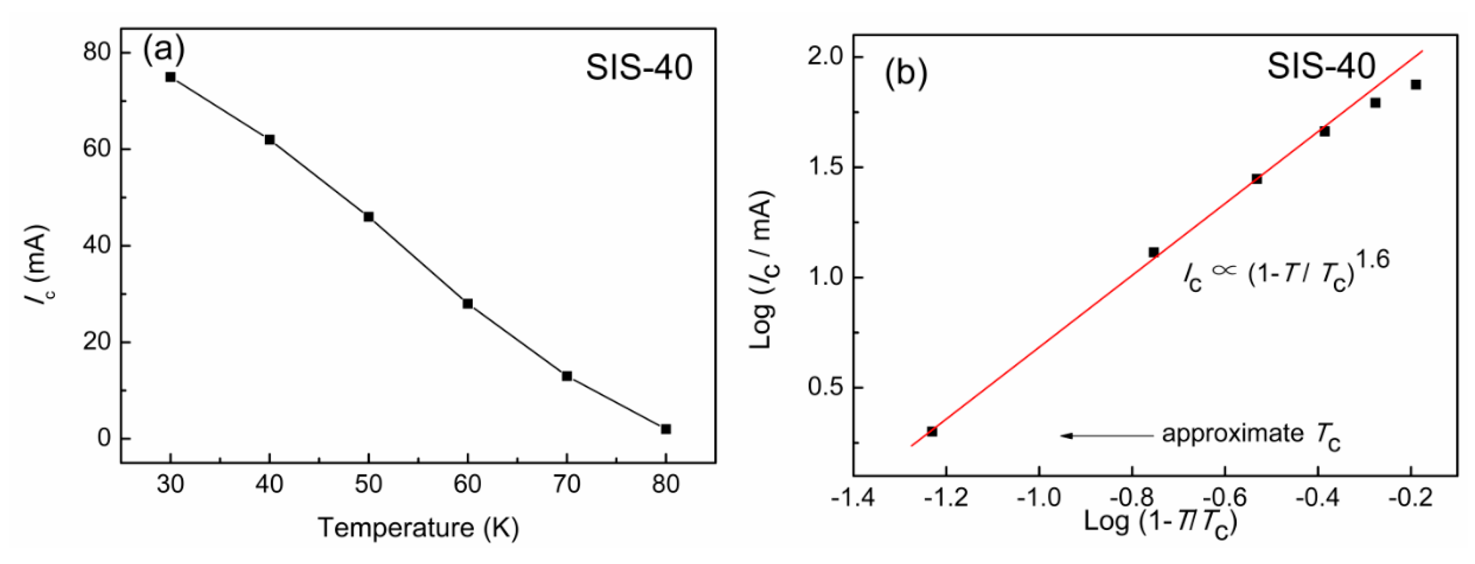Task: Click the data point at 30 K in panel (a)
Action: pyautogui.click(x=170, y=77)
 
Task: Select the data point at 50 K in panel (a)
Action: pyautogui.click(x=368, y=217)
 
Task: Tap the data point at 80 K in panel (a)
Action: pyautogui.click(x=665, y=429)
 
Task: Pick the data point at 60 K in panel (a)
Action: pyautogui.click(x=467, y=304)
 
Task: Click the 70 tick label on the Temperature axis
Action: pyautogui.click(x=566, y=485)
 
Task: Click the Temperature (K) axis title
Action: pyautogui.click(x=418, y=527)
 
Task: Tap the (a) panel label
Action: pyautogui.click(x=164, y=50)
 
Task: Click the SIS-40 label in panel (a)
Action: pyautogui.click(x=638, y=68)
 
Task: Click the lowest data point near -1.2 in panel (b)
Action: pyautogui.click(x=931, y=431)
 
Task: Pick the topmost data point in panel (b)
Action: pyautogui.click(x=1416, y=85)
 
